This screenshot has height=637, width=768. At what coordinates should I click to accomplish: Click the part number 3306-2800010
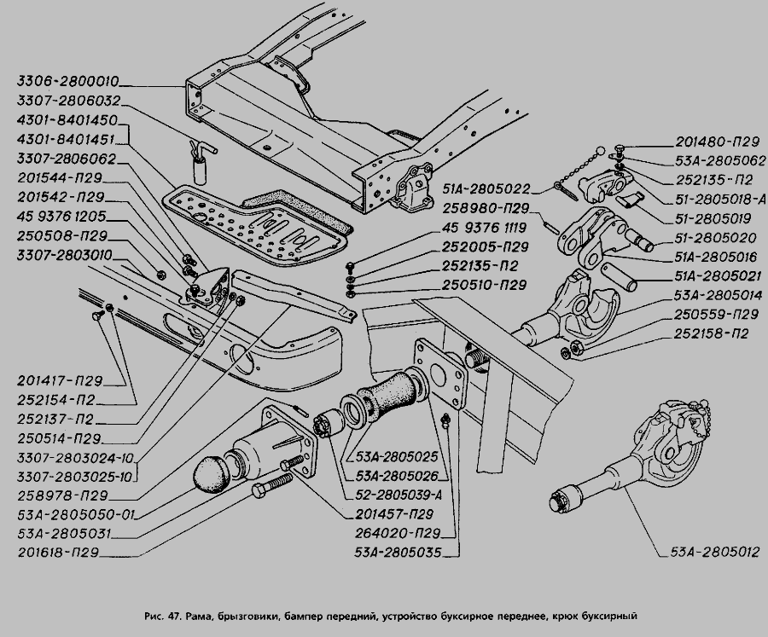pos(67,84)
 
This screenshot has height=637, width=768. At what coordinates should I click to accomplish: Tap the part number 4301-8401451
pos(67,140)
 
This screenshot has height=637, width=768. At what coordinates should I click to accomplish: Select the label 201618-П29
pos(58,553)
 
